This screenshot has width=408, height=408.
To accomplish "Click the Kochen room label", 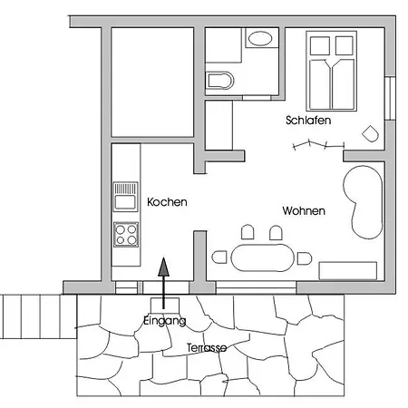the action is point(167,202).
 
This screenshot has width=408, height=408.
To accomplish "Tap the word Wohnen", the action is point(304,210).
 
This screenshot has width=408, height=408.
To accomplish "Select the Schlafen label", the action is point(308,121).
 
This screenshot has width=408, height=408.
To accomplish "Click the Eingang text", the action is point(165,321).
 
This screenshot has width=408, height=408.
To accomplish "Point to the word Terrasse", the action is point(207,347).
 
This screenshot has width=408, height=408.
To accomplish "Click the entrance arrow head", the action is point(163,267).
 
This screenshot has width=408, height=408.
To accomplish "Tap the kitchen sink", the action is point(125,197).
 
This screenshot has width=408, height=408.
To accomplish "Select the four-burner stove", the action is point(126,235).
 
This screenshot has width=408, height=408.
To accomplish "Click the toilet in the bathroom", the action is point(219,81).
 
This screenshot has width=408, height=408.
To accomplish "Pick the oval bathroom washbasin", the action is point(260,38).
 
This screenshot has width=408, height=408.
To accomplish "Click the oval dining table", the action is point(262,257).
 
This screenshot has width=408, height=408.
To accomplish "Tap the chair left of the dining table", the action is point(219,257).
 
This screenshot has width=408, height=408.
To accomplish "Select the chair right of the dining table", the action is point(305,258).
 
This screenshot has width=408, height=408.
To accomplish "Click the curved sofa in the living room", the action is point(363,202).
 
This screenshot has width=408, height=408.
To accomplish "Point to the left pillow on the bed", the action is point(320,45).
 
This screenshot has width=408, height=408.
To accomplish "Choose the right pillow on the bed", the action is point(345,45).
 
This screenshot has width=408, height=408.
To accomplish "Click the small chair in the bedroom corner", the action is point(371,133).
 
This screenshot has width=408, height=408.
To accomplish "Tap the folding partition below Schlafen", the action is point(318,145).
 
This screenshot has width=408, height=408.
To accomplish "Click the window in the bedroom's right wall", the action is point(390,99).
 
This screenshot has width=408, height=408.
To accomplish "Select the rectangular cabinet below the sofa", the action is point(348,271).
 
